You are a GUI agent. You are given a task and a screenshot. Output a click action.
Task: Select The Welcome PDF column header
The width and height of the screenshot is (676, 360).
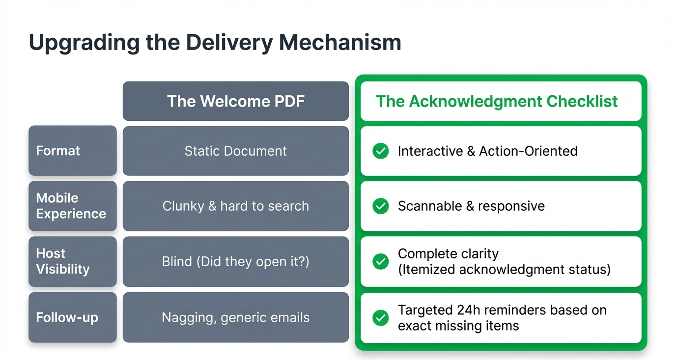[x=236, y=101]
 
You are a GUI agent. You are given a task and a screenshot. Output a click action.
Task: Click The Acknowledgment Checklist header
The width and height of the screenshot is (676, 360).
[x=497, y=101]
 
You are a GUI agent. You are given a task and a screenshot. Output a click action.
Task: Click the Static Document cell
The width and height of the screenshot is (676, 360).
[x=236, y=151]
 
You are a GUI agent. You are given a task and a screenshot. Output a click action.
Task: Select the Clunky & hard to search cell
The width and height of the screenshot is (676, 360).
[x=236, y=206]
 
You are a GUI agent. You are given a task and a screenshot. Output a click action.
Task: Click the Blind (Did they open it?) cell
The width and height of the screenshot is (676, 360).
[x=236, y=261]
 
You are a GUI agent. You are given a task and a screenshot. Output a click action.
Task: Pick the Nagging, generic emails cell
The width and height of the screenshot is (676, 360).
[x=236, y=317]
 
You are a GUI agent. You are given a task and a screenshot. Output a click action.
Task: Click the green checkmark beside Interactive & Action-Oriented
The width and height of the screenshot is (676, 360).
[x=380, y=151]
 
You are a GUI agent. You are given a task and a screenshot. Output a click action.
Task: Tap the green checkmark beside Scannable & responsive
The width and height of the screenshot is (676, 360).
[x=380, y=206]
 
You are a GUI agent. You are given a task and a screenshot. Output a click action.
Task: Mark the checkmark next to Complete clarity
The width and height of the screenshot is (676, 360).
[x=380, y=261]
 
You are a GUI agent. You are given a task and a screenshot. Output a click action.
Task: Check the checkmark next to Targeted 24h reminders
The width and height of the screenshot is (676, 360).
[x=380, y=317]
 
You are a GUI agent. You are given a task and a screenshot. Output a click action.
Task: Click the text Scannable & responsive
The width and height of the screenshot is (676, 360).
[x=471, y=206]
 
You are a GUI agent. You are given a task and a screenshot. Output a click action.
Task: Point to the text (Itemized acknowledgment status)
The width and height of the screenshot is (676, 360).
[x=504, y=269]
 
